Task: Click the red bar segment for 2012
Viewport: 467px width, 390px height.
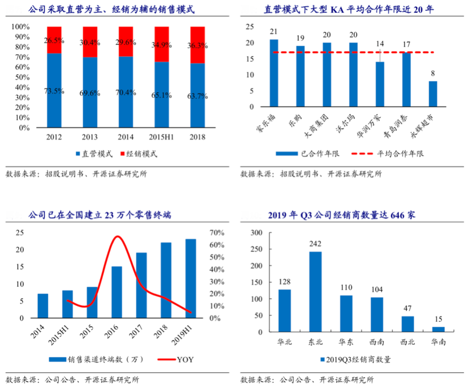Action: click(54, 40)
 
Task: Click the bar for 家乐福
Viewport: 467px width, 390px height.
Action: click(274, 73)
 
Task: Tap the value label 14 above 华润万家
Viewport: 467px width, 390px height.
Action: click(380, 43)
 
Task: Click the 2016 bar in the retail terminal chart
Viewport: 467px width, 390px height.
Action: click(117, 292)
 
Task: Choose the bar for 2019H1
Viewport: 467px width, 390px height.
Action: click(191, 279)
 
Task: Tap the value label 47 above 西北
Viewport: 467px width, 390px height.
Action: click(408, 309)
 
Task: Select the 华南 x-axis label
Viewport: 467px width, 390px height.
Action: click(439, 341)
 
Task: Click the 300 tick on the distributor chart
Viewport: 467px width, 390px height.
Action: click(257, 233)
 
